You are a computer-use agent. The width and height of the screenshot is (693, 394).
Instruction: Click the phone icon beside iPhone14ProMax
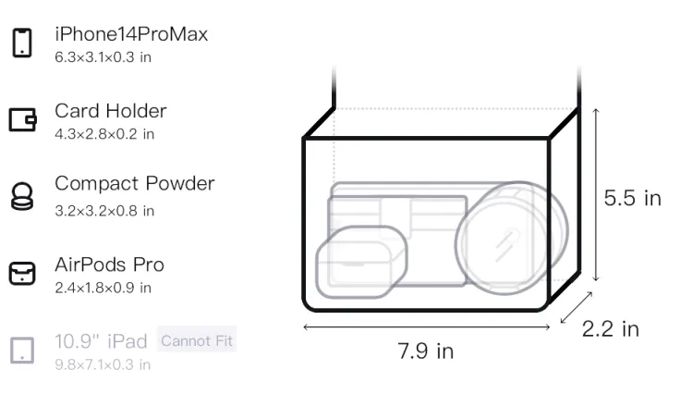coord(22,43)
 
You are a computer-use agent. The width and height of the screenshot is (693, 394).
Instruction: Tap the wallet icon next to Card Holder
coord(22,119)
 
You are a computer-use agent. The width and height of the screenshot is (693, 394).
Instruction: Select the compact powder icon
coord(22,196)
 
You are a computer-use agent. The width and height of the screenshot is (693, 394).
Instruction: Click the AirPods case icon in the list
coord(22,273)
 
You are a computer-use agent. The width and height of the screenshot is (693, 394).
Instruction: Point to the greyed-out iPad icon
coord(22,351)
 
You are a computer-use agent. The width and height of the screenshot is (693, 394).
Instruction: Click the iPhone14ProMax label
coord(131,34)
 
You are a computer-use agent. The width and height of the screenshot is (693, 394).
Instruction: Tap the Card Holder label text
coord(111,111)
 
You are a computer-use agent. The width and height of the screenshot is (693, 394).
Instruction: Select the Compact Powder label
coord(135,183)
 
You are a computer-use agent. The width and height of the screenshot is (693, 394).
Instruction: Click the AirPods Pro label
coord(110,265)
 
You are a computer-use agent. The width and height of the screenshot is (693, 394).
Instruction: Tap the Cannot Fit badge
coord(197,340)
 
